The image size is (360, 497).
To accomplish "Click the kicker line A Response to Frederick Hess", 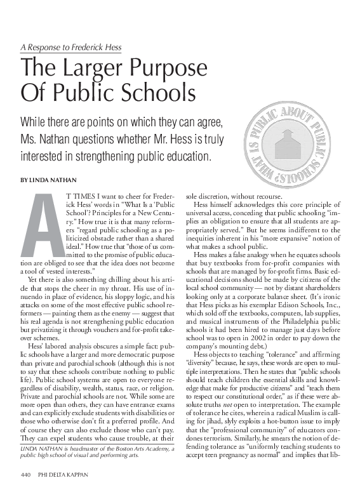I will click(70, 48).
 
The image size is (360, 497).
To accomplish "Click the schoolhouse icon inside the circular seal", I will click(293, 148).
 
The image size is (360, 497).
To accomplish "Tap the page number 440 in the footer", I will click(25, 474).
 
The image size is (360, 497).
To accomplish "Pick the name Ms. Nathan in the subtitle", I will click(45, 139).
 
